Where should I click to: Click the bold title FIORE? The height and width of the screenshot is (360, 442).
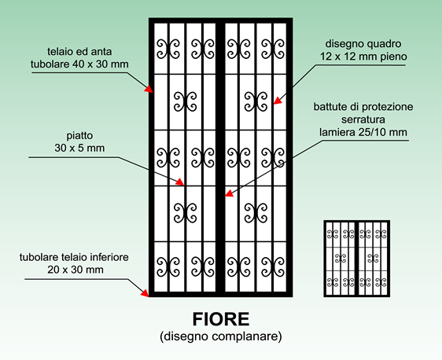[221, 319]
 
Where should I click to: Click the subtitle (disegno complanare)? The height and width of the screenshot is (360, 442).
[221, 336]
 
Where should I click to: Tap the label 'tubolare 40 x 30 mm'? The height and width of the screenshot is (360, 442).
[79, 64]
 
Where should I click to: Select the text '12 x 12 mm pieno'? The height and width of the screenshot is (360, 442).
[363, 57]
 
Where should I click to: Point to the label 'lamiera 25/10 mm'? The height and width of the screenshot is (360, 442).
[363, 132]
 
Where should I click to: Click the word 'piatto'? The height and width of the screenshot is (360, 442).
[79, 135]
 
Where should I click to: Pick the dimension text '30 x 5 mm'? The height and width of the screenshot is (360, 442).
[79, 148]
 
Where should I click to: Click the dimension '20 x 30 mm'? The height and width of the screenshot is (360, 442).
[76, 270]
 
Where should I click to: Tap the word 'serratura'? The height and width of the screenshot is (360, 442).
[363, 119]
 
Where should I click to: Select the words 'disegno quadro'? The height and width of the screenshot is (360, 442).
[363, 44]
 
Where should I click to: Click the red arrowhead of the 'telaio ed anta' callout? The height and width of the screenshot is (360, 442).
[149, 89]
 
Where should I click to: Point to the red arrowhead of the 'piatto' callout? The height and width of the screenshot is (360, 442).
[180, 182]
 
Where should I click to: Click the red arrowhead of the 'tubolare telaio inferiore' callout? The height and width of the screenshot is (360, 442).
[145, 293]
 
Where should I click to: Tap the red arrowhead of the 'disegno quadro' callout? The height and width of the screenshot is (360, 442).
[278, 101]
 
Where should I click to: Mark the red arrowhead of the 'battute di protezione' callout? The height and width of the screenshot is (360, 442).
[229, 193]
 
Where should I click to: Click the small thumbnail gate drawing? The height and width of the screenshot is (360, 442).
[357, 259]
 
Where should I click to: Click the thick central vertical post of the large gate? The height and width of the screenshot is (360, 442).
[220, 157]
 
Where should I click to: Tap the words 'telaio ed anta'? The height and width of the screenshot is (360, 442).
[79, 52]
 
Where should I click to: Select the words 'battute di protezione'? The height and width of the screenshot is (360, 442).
[363, 107]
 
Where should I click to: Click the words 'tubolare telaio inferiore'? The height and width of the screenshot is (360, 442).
[74, 257]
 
